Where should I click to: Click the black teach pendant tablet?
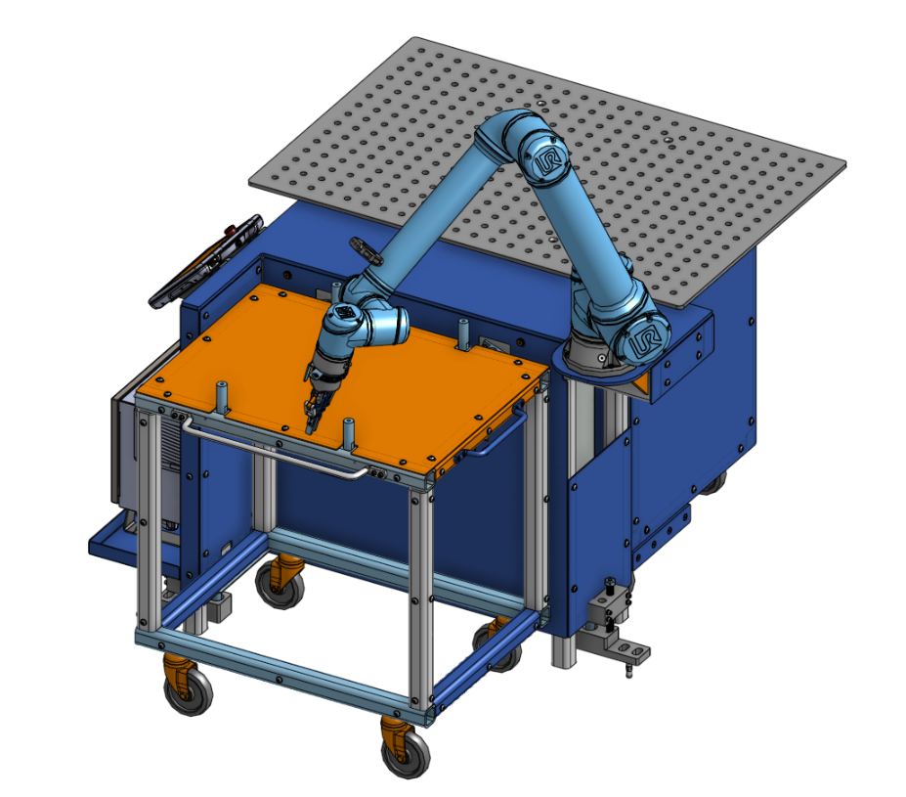click(206, 261)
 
